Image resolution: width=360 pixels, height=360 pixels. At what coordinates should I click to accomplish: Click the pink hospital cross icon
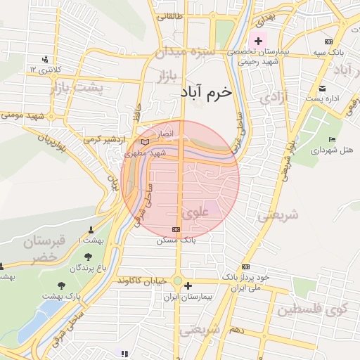(259, 41)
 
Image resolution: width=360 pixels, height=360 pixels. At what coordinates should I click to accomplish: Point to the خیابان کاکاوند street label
(142, 281)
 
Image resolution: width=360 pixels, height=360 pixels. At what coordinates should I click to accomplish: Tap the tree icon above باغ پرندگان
(88, 257)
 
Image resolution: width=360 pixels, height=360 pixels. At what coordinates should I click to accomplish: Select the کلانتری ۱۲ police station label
(45, 69)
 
